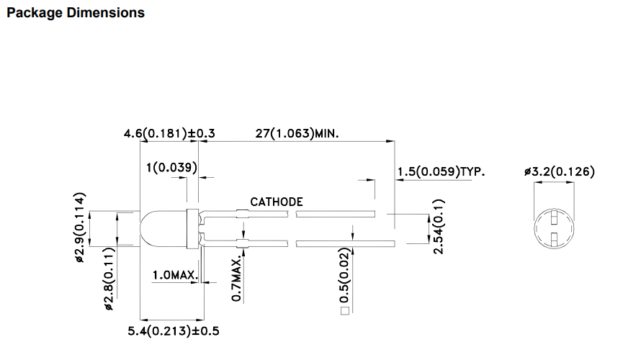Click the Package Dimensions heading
tap(76, 13)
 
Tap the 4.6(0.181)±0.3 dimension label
tap(169, 133)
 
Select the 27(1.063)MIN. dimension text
tap(297, 133)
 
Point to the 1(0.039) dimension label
tap(171, 167)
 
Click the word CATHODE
tap(277, 202)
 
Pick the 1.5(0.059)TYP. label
tap(441, 171)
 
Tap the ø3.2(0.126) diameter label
tap(560, 171)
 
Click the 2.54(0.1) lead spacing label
tap(438, 227)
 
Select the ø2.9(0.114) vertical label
tap(80, 228)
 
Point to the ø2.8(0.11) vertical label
tap(109, 279)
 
